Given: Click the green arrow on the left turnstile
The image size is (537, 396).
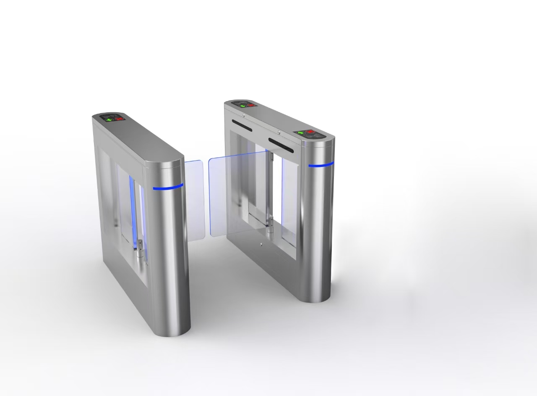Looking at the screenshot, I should pyautogui.click(x=109, y=119).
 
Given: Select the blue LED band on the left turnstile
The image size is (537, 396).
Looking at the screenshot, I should pyautogui.click(x=168, y=187).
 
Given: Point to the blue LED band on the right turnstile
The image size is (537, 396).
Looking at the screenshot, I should pyautogui.click(x=321, y=165).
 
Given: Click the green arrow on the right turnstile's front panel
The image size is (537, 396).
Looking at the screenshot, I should pyautogui.click(x=301, y=133).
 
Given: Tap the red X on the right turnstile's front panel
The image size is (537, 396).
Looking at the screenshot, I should pyautogui.click(x=310, y=132).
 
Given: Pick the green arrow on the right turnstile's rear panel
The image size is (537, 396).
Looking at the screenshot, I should pyautogui.click(x=243, y=106).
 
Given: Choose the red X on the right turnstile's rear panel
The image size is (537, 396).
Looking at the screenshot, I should pyautogui.click(x=251, y=105).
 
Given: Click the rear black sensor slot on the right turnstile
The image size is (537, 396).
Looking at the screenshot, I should pyautogui.click(x=242, y=125).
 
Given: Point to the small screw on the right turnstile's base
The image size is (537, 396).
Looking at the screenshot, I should pyautogui.click(x=261, y=244).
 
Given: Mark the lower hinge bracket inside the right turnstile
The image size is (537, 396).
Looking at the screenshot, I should pyautogui.click(x=271, y=223).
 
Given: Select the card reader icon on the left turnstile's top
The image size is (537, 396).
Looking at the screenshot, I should pyautogui.click(x=110, y=115).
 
